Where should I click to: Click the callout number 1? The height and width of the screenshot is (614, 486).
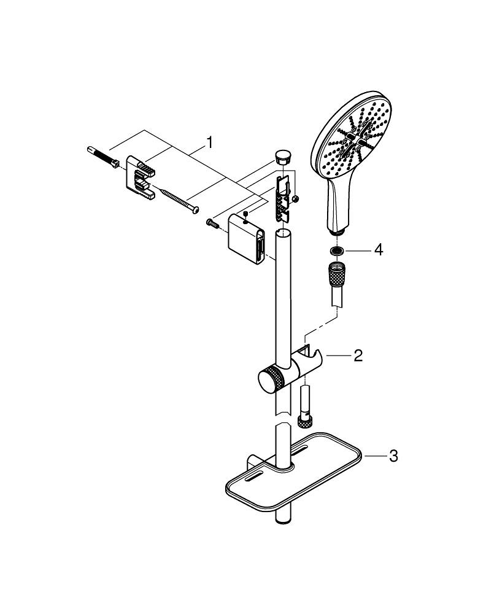pos(210,143)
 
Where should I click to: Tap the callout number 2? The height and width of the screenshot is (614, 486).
pos(358,355)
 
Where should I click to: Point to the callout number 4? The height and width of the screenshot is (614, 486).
pos(378,251)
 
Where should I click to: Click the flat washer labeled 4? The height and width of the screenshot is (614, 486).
pos(336,251)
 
